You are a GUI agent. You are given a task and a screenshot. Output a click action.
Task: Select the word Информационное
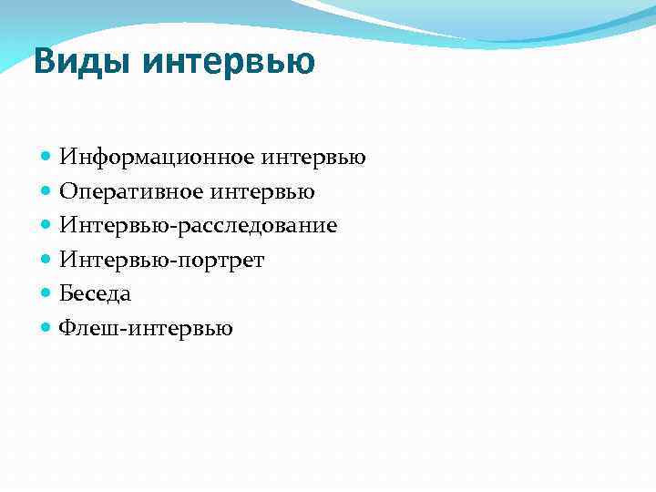pos(158,158)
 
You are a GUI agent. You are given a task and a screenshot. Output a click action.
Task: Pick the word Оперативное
pos(133,192)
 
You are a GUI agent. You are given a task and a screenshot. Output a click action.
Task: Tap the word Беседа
pos(96,294)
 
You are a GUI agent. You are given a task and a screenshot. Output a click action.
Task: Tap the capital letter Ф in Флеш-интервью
pos(67,328)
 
